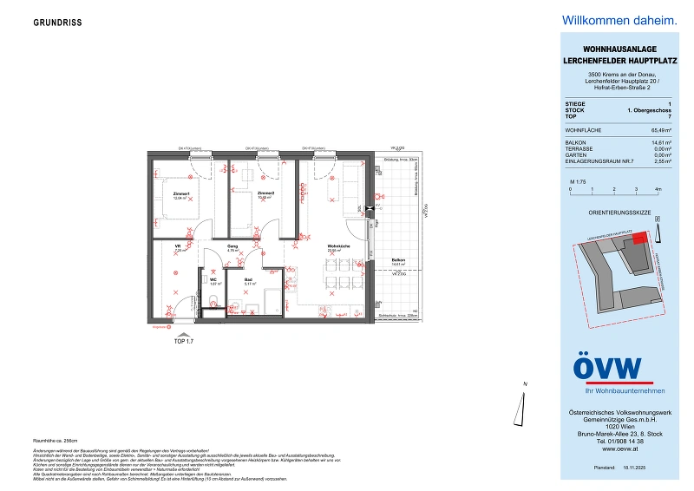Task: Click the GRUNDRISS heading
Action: [58, 23]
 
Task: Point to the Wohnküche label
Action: [338, 247]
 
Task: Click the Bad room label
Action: [248, 279]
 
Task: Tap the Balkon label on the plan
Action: [398, 260]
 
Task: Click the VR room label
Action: [177, 247]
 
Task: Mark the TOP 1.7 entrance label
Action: [185, 343]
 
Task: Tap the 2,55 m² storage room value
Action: [650, 161]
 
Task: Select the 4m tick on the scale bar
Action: [658, 188]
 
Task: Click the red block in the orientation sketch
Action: [638, 239]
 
